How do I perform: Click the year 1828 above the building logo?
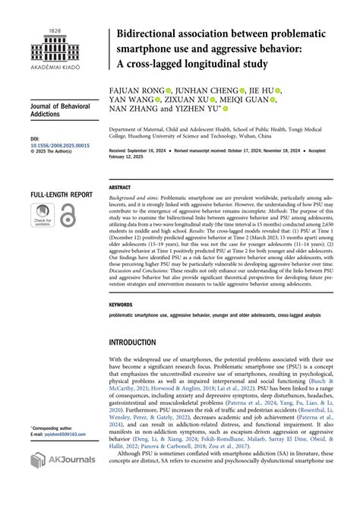(x=55, y=30)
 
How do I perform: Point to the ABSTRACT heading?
(x=120, y=187)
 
